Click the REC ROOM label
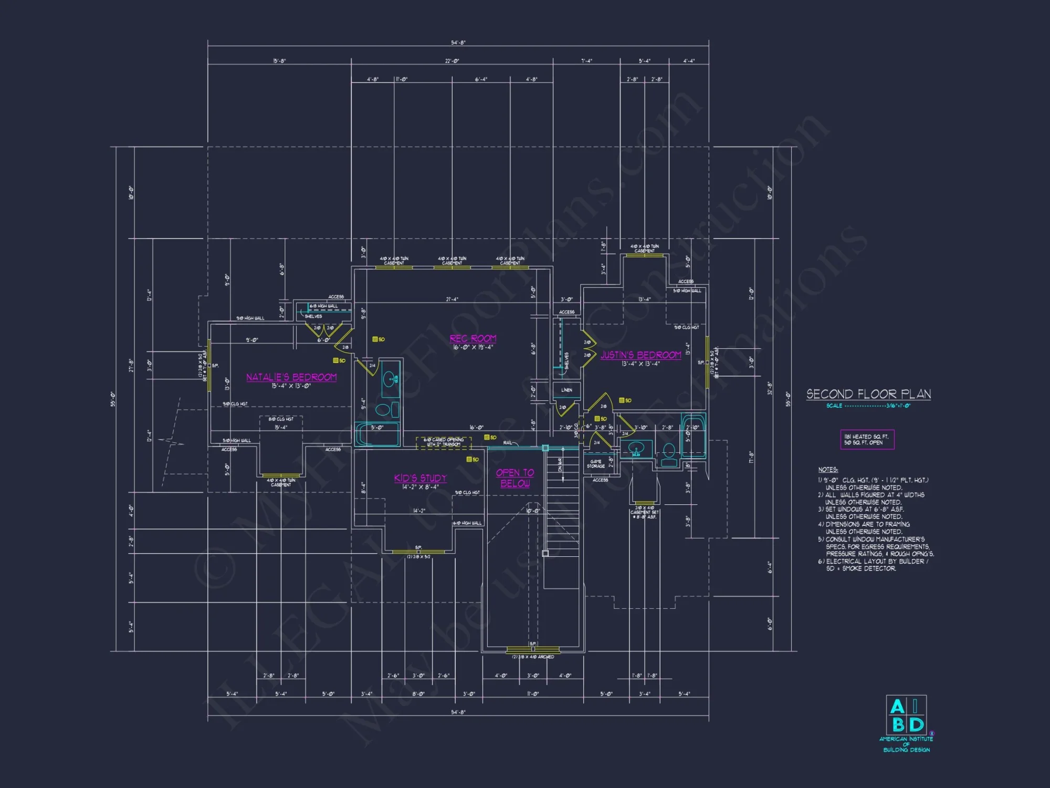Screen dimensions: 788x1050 click(x=472, y=339)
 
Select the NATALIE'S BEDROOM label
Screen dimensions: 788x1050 click(x=291, y=377)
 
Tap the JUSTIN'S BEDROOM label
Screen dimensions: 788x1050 click(x=640, y=355)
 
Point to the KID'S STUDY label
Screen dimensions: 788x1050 click(x=420, y=478)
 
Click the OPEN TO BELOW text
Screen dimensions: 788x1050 click(x=515, y=478)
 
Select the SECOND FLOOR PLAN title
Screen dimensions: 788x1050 click(x=868, y=394)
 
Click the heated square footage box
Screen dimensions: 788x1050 click(x=867, y=440)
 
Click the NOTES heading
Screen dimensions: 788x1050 click(x=828, y=470)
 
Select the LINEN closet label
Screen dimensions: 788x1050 click(x=566, y=390)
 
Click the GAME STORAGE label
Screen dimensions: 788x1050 click(x=596, y=464)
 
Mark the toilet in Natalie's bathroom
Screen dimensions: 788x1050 click(x=383, y=409)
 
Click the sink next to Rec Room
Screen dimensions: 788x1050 click(x=390, y=378)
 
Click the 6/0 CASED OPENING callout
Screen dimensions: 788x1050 click(x=444, y=442)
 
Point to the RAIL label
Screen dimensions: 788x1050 click(x=507, y=443)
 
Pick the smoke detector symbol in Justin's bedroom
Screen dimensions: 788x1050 click(x=622, y=400)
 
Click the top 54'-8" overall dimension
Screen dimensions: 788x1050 click(x=458, y=43)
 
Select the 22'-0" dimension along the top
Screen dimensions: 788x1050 click(x=451, y=61)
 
